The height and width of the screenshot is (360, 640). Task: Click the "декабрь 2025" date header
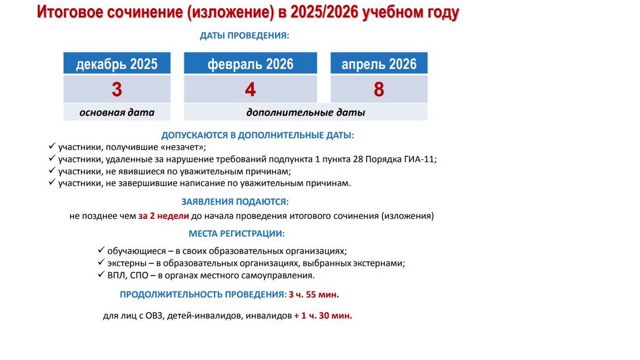117,63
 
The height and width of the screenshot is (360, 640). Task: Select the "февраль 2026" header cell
250,63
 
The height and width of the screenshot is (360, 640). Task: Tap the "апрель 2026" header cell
379,63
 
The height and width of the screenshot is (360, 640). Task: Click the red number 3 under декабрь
117,89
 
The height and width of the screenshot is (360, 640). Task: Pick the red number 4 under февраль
250,89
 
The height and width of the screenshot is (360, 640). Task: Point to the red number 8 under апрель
379,89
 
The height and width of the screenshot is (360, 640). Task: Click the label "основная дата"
117,113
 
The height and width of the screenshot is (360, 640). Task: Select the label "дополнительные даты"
306,113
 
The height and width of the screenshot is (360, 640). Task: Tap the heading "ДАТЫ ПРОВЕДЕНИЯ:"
244,36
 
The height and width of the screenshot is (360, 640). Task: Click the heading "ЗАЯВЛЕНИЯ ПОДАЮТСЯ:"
235,202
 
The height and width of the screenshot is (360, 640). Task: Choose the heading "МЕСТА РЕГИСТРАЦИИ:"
237,234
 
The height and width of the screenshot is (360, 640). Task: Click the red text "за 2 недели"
164,216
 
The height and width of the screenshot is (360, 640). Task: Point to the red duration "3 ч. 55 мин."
314,294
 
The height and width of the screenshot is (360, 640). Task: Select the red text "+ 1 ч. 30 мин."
323,316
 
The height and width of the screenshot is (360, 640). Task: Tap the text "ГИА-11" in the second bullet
419,159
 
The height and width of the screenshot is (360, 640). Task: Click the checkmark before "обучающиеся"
101,250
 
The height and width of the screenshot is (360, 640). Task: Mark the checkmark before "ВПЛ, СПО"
101,274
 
